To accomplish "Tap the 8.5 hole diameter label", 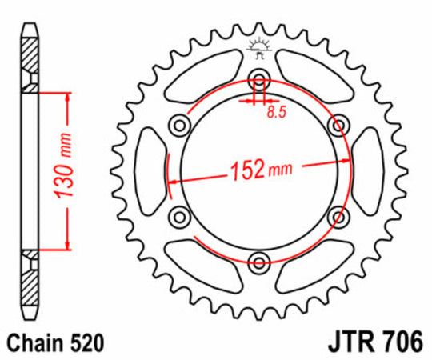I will click(x=275, y=114).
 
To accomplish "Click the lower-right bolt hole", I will click(x=339, y=215).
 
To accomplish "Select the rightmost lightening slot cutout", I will click(x=369, y=170).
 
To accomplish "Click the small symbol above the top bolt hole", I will click(x=259, y=46).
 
